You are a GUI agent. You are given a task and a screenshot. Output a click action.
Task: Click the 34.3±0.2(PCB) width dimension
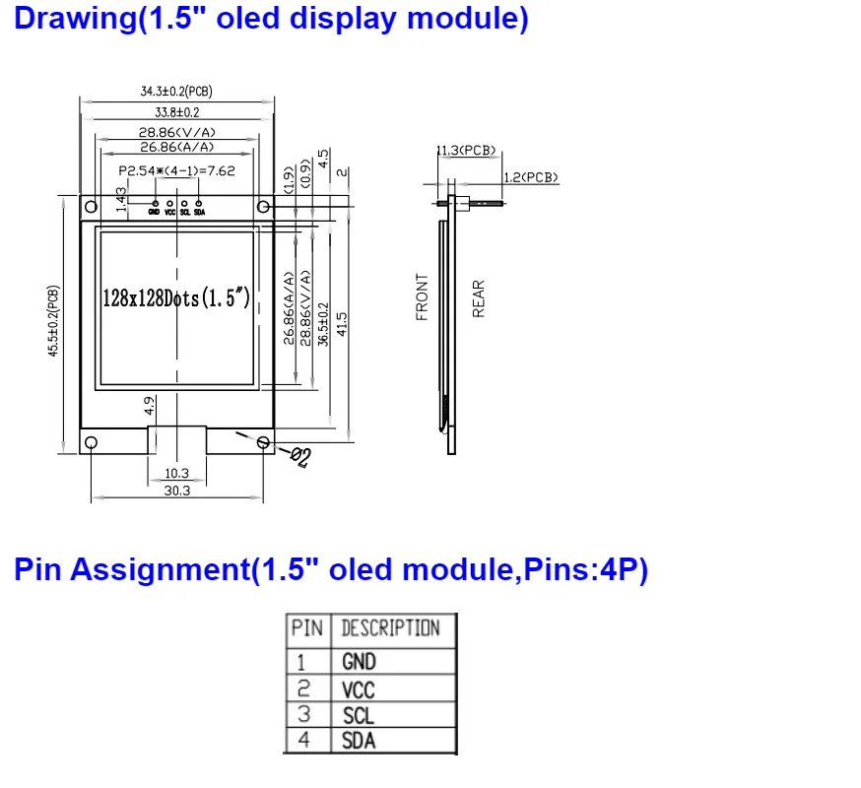click(x=176, y=92)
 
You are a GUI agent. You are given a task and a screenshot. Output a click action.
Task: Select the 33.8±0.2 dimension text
click(x=176, y=112)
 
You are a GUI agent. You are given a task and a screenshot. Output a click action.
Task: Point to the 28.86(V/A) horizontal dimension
click(x=176, y=131)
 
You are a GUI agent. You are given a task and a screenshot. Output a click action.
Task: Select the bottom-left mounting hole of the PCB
click(x=91, y=442)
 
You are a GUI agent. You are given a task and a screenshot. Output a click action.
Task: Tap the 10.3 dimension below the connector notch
click(x=176, y=473)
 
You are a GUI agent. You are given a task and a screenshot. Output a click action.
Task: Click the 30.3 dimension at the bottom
click(x=177, y=491)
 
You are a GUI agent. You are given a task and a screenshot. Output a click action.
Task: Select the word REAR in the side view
click(x=479, y=299)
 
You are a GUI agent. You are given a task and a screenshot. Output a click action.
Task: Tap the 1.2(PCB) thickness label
click(x=530, y=177)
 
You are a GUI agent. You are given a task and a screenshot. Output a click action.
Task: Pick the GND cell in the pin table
click(x=359, y=661)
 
